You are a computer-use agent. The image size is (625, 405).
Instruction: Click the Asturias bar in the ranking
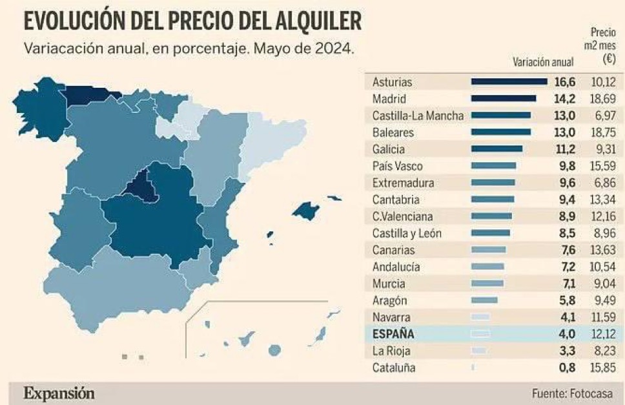point(509,82)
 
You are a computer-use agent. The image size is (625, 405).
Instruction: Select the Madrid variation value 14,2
point(564,99)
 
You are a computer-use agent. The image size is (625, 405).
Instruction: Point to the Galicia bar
point(497,149)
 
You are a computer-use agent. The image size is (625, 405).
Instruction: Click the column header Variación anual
point(542,62)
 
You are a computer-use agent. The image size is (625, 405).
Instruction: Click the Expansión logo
point(59,393)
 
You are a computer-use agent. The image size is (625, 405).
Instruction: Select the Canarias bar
point(489,250)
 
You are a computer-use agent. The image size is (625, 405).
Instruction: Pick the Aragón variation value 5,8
point(566,300)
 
